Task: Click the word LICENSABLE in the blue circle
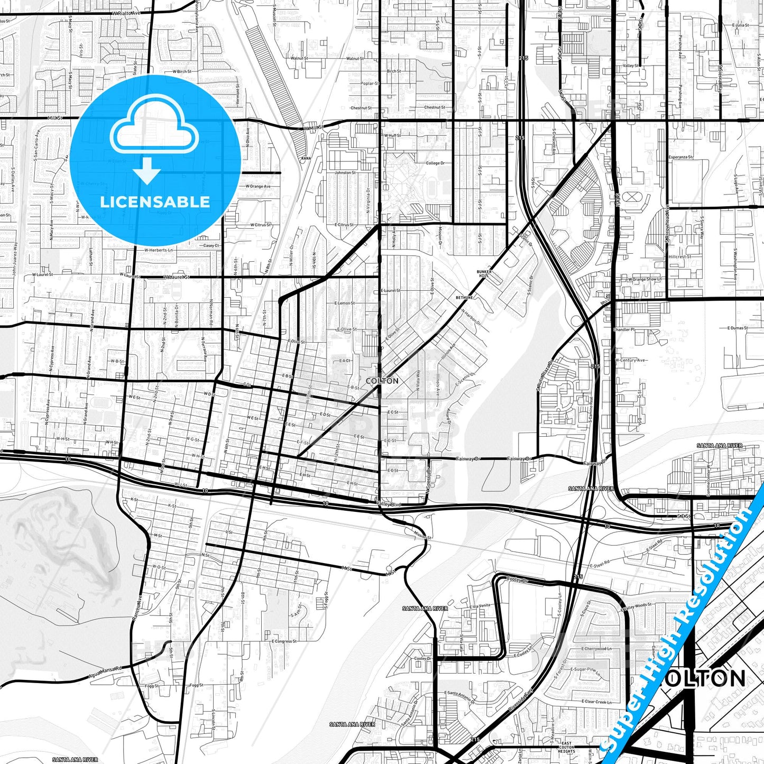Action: point(155,201)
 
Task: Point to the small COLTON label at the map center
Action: point(382,381)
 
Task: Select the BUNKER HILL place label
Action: point(484,273)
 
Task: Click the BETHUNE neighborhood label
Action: point(465,298)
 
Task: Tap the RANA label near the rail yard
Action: point(306,158)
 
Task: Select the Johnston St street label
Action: point(345,172)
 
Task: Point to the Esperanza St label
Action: point(680,157)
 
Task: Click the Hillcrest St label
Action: point(680,256)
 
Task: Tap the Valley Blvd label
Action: point(389,504)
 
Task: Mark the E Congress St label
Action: point(284,641)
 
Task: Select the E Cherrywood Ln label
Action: point(596,649)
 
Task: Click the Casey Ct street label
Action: point(211,245)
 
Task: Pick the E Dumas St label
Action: point(737,328)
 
